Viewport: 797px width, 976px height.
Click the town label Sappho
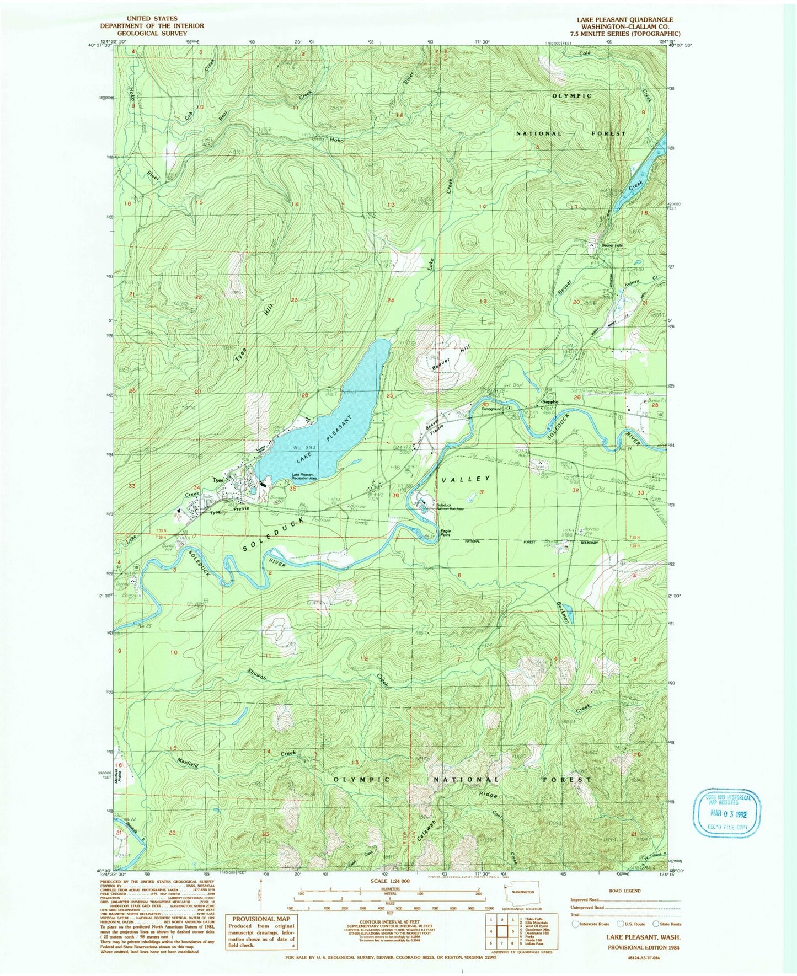549,402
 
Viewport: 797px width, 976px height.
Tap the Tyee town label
218,480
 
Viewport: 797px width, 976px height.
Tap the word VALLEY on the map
466,479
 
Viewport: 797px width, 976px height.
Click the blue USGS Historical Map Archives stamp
728,812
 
